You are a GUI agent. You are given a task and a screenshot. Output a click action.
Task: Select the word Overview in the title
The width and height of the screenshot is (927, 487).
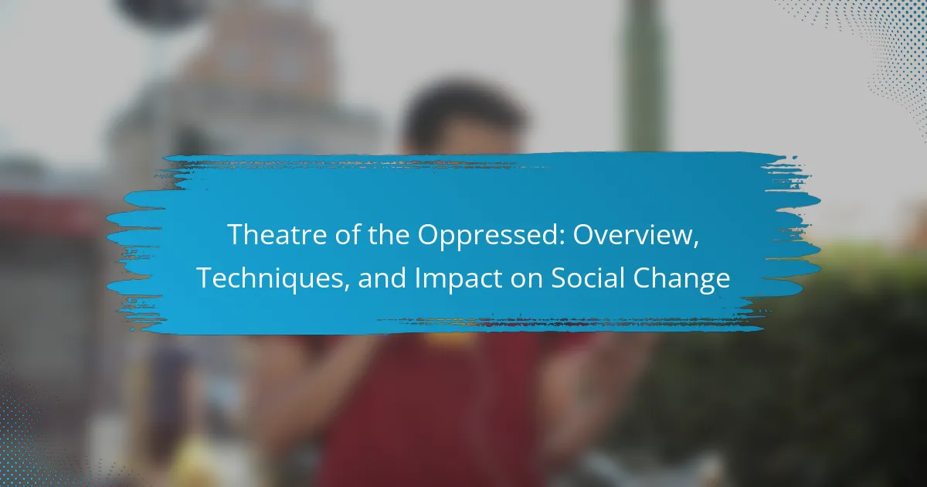click(x=633, y=234)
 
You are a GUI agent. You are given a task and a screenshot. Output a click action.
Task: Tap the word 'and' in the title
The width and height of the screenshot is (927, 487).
click(x=382, y=278)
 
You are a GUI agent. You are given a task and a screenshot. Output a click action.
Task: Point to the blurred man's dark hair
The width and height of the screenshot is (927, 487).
click(x=463, y=112)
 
